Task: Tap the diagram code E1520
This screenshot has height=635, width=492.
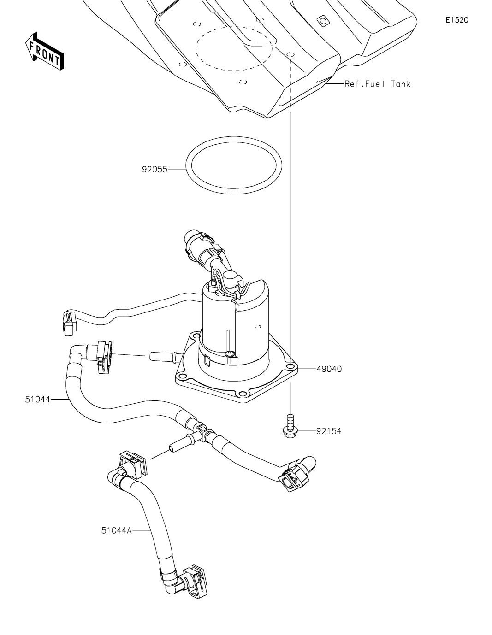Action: pyautogui.click(x=457, y=20)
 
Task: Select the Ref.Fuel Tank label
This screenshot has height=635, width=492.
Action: pyautogui.click(x=377, y=84)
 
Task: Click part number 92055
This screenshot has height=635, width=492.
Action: pyautogui.click(x=154, y=170)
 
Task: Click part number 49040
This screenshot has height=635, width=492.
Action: pyautogui.click(x=329, y=369)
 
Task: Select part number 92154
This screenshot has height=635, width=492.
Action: pyautogui.click(x=329, y=432)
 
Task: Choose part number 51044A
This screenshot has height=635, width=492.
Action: pyautogui.click(x=117, y=530)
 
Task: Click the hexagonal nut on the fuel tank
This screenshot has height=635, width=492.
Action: pyautogui.click(x=323, y=21)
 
